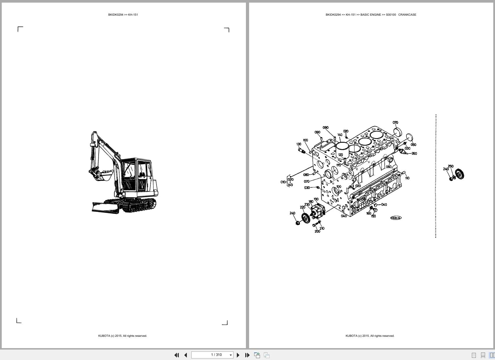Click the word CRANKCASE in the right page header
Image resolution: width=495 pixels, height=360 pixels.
(x=407, y=15)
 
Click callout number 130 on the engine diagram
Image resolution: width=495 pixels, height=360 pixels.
(x=299, y=144)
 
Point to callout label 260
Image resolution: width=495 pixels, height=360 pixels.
(x=414, y=154)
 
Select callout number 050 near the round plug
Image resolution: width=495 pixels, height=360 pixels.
(x=413, y=145)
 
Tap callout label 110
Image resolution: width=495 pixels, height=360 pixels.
(x=407, y=178)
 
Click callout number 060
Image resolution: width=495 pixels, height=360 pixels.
(x=389, y=167)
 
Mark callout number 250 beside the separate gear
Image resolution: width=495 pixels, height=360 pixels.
(x=451, y=166)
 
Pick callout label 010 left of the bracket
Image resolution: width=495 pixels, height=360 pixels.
(x=283, y=182)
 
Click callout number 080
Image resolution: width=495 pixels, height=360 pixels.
(x=306, y=175)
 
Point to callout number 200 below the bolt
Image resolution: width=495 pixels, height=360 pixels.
(x=317, y=231)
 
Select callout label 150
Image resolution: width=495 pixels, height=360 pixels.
(x=373, y=216)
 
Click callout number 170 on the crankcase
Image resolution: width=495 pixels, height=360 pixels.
(x=338, y=165)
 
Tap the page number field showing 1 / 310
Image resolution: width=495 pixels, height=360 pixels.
(x=216, y=355)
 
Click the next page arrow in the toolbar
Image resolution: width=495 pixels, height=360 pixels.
(x=238, y=355)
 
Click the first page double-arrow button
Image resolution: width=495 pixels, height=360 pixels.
(x=176, y=355)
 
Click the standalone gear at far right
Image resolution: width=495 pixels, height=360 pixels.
(x=460, y=174)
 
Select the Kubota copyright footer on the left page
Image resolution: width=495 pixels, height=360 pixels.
(x=122, y=336)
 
